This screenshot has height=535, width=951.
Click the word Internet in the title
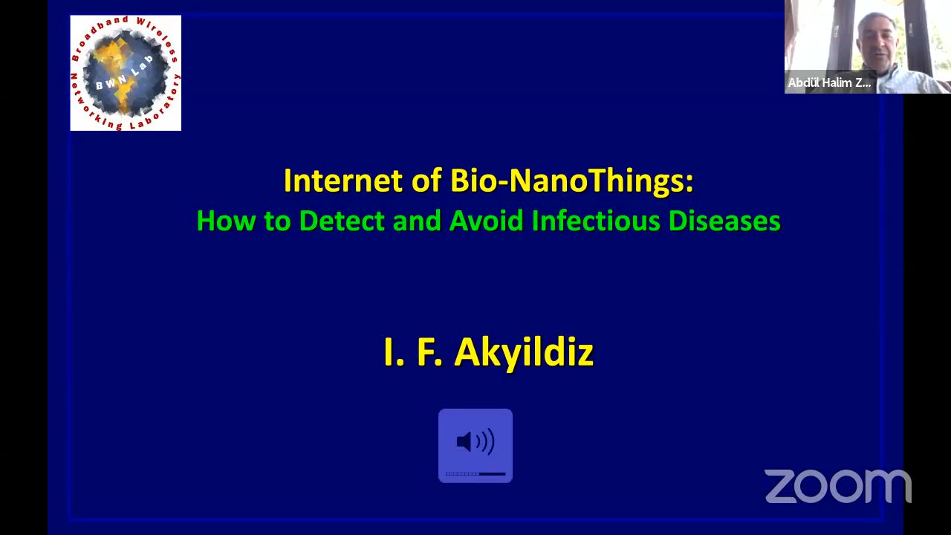pyautogui.click(x=343, y=181)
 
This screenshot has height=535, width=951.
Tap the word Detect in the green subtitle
pyautogui.click(x=342, y=221)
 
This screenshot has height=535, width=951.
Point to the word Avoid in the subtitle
pyautogui.click(x=486, y=221)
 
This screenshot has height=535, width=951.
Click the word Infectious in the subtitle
pyautogui.click(x=596, y=221)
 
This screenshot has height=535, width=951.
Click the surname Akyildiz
pyautogui.click(x=524, y=353)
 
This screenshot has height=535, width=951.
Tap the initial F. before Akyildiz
pyautogui.click(x=430, y=352)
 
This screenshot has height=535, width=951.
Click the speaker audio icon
pyautogui.click(x=475, y=441)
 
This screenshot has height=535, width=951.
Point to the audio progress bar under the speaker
pyautogui.click(x=475, y=474)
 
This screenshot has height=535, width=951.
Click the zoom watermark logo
pyautogui.click(x=838, y=486)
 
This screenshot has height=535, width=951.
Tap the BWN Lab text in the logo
pyautogui.click(x=124, y=72)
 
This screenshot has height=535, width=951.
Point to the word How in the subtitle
pyautogui.click(x=226, y=221)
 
